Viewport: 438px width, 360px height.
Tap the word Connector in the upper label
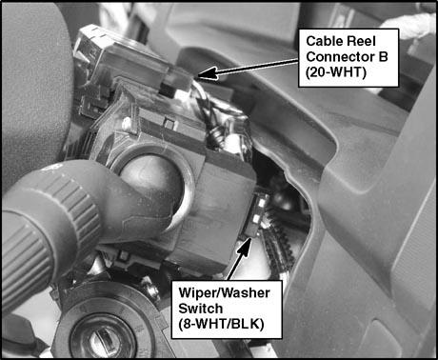click(339, 57)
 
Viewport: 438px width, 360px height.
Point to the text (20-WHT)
click(336, 72)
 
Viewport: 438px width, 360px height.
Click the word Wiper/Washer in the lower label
click(224, 292)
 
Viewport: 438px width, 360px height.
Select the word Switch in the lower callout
click(200, 309)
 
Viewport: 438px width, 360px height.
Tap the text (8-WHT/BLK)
click(221, 324)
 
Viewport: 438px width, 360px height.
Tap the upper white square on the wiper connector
click(262, 203)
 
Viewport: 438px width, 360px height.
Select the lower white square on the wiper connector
click(256, 218)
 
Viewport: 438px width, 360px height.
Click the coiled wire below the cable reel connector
click(216, 137)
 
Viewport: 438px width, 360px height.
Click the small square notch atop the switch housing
click(169, 124)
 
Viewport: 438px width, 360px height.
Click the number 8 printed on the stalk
click(54, 168)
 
